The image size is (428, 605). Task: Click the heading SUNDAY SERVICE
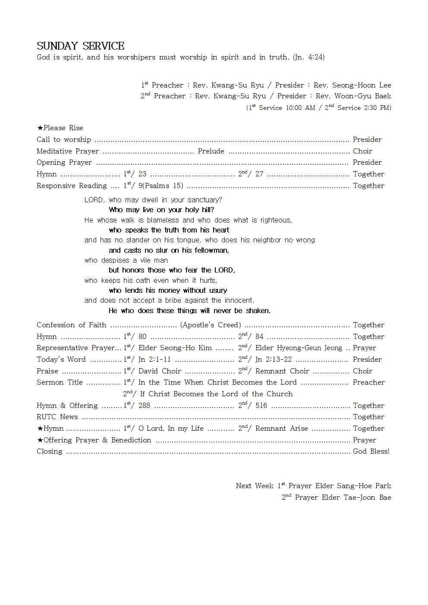[80, 46]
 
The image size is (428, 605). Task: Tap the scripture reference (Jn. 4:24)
[308, 57]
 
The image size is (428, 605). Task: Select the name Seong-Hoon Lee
[362, 85]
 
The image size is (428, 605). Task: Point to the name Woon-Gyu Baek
[363, 96]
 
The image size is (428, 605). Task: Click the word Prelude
[211, 151]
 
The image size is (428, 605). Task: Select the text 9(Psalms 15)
[160, 186]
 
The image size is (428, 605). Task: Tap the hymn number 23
[142, 174]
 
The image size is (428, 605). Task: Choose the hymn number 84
[259, 337]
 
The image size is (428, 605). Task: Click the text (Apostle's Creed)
[211, 325]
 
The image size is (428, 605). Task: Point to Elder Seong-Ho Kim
[175, 348]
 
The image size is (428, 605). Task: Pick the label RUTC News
[57, 417]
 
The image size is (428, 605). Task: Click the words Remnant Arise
[281, 429]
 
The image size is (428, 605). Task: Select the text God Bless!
[371, 451]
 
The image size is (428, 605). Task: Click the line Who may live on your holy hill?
[161, 210]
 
